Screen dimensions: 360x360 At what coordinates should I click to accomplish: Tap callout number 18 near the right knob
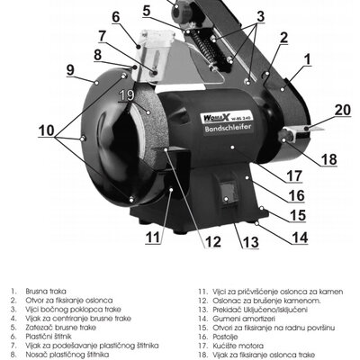click(x=328, y=159)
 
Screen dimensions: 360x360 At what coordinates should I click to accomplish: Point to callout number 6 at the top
click(x=115, y=16)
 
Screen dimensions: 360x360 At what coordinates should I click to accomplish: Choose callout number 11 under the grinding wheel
click(x=154, y=238)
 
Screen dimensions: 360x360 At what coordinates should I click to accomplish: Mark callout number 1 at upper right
click(x=306, y=60)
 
